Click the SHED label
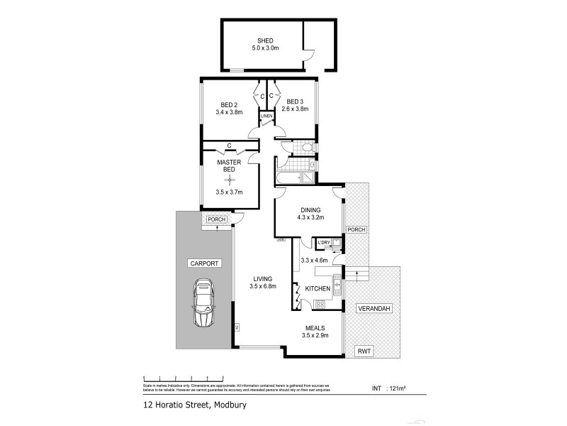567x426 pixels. [265, 40]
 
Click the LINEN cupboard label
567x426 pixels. [266, 116]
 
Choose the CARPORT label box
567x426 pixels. [204, 263]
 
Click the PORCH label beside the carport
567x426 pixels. [217, 219]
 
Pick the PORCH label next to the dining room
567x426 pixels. [357, 229]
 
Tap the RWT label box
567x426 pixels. [365, 351]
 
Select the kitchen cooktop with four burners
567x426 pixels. [320, 305]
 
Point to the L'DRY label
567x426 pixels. [325, 244]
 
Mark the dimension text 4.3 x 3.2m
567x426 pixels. [310, 218]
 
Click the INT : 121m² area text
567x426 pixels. [388, 388]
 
